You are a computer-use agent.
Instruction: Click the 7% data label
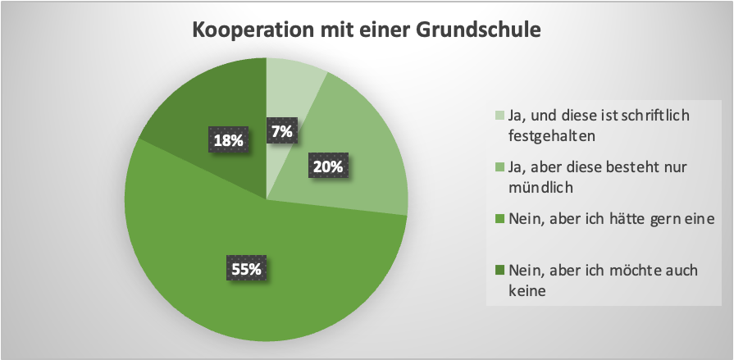(x=281, y=130)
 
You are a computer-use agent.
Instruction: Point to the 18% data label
(x=227, y=141)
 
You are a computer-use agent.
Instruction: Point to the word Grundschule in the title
(x=477, y=30)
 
